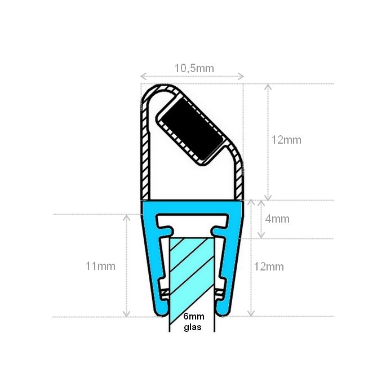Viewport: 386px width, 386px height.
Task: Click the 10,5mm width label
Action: (x=194, y=68)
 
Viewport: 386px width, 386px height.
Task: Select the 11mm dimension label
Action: (x=100, y=266)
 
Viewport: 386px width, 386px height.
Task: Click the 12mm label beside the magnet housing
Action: (x=286, y=140)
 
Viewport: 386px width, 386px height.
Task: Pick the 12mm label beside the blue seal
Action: (x=269, y=266)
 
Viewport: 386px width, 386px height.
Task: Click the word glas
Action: (x=192, y=327)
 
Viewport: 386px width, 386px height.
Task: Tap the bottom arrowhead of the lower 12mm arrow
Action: (x=252, y=314)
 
